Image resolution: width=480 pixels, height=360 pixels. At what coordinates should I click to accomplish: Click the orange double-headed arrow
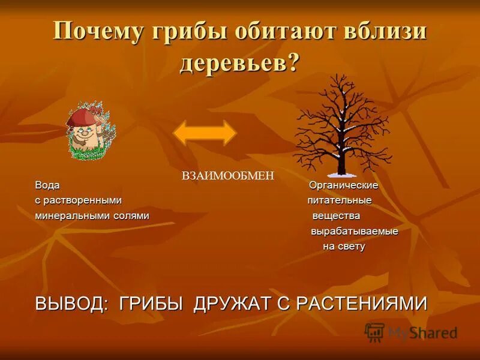click(205, 133)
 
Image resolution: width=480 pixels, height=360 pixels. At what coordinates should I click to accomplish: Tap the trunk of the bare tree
click(342, 153)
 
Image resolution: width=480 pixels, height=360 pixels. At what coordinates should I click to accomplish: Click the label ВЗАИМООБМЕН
click(227, 175)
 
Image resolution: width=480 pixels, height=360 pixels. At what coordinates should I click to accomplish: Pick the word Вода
click(47, 185)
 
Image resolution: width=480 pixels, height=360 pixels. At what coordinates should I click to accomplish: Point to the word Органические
click(343, 185)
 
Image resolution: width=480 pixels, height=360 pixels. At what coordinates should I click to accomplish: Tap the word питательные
click(340, 200)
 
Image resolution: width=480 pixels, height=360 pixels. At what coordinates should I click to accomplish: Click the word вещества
click(336, 215)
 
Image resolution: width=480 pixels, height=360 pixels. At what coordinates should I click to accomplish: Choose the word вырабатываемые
click(354, 231)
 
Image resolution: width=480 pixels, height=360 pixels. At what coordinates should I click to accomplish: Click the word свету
click(352, 246)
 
